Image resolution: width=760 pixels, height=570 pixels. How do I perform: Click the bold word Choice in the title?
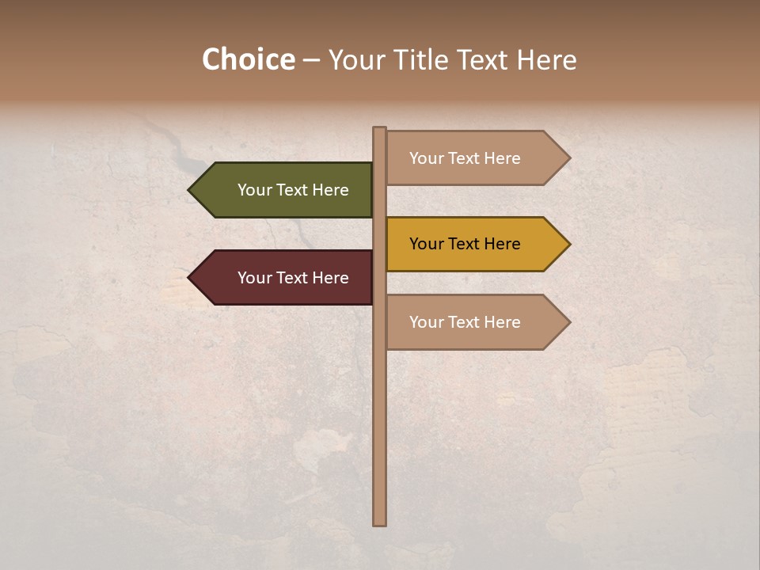(x=249, y=59)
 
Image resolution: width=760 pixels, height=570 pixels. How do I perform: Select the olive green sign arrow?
(x=285, y=190)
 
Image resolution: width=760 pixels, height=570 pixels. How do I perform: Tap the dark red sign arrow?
(x=285, y=278)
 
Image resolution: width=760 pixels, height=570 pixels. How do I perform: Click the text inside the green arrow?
(x=293, y=190)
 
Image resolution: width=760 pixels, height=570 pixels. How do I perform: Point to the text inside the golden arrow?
(x=465, y=244)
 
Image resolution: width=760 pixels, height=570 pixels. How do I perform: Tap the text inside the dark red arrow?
(x=293, y=278)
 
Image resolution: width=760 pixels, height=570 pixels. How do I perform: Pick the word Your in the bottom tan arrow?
(x=426, y=322)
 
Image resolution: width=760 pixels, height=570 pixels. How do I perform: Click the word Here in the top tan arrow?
(x=502, y=158)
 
